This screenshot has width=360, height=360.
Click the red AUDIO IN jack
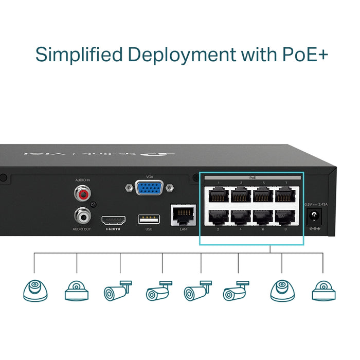click(82, 194)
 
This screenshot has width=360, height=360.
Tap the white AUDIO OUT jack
click(82, 214)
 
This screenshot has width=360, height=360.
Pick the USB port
click(149, 219)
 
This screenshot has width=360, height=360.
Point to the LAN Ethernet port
click(183, 214)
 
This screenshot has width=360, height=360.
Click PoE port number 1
click(218, 195)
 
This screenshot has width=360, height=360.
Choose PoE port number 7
click(285, 195)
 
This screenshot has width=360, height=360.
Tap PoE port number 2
click(218, 216)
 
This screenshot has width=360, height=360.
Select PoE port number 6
click(263, 216)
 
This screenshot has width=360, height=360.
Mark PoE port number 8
click(285, 216)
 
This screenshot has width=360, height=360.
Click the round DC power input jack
click(312, 218)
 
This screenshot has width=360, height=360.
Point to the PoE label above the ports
click(253, 177)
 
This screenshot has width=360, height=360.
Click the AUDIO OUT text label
click(82, 229)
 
